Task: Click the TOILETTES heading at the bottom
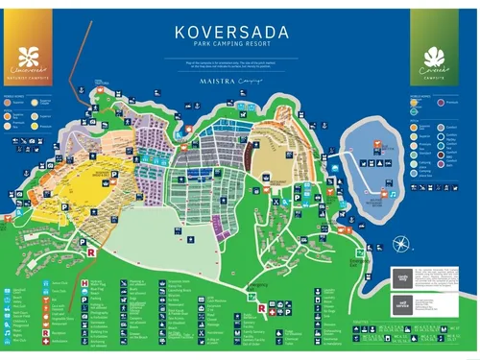coord(365,322)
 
